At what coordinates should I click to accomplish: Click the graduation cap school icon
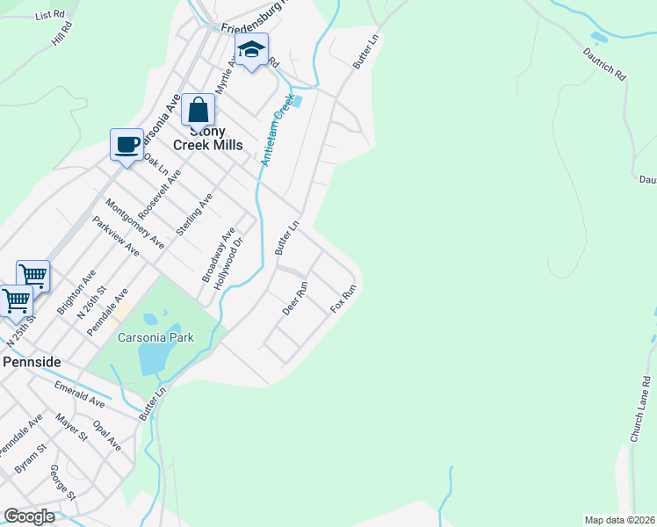pyautogui.click(x=251, y=51)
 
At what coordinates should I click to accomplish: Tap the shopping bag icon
pyautogui.click(x=199, y=111)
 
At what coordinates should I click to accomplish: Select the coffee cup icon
pyautogui.click(x=127, y=144)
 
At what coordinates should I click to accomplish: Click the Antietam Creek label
pyautogui.click(x=277, y=136)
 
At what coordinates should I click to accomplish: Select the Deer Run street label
pyautogui.click(x=296, y=299)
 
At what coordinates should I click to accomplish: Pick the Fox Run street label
pyautogui.click(x=343, y=299)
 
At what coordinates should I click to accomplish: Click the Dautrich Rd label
pyautogui.click(x=603, y=62)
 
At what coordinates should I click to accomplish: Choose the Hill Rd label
pyautogui.click(x=62, y=34)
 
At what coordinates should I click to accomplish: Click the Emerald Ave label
pyautogui.click(x=79, y=394)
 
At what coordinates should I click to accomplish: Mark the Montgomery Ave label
pyautogui.click(x=134, y=223)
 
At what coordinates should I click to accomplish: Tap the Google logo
pyautogui.click(x=29, y=516)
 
